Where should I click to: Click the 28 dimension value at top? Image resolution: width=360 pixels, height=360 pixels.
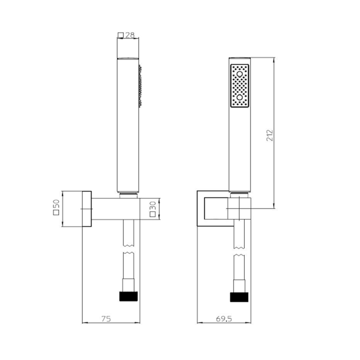coord(130,35)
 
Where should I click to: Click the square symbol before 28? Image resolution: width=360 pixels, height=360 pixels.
coord(120,36)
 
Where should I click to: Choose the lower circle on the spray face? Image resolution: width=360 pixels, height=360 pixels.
coord(240,97)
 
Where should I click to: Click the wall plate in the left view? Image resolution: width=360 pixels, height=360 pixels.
coord(86,209)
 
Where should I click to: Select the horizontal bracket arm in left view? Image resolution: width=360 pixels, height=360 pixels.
coord(114,209)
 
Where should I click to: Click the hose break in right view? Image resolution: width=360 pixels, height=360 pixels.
coord(240,250)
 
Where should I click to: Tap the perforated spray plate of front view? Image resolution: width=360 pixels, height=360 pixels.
coord(240,86)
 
